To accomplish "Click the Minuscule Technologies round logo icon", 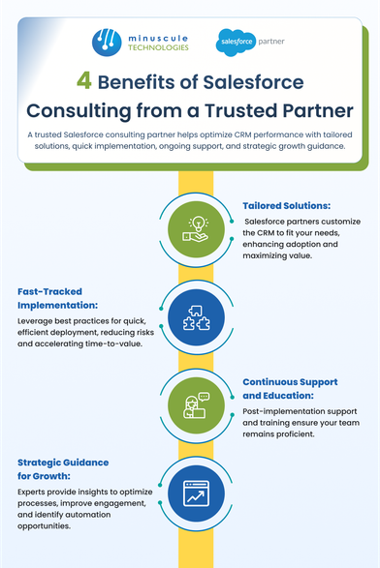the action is pos(107,43).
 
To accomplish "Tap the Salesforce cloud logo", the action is pos(236,42).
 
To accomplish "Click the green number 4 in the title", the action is pos(83,80).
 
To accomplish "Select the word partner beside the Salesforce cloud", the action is pos(271,42).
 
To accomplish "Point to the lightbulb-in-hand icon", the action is pos(196,229).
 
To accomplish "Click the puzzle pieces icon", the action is pos(196,317).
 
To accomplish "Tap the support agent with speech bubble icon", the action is pos(196,405).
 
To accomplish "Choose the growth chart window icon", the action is pos(196,493).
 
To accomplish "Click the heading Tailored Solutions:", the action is pos(287,206).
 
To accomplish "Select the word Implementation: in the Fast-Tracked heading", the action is pos(58,306).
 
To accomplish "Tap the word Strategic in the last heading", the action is pos(39,463).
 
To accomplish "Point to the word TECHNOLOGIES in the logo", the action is pos(158,47).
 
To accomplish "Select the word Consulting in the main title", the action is pos(79,111).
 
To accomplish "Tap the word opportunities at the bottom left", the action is pos(44,526).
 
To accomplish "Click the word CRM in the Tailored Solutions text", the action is pos(265,232).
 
